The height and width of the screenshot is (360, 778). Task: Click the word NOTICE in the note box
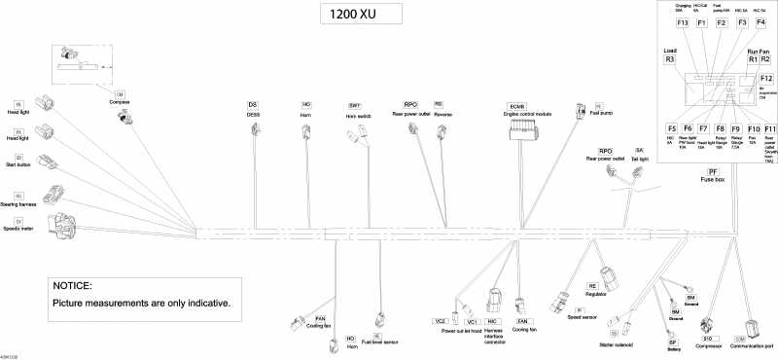click(73, 285)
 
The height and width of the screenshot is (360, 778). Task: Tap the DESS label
click(253, 114)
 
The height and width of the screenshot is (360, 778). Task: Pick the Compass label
click(119, 102)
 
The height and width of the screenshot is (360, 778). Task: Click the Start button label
click(18, 163)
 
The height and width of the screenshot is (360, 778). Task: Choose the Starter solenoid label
click(619, 344)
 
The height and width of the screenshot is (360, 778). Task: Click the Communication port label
click(754, 346)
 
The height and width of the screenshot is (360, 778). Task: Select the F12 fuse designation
click(766, 78)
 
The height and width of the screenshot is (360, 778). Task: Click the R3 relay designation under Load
click(669, 59)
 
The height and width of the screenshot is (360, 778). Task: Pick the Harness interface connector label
click(493, 334)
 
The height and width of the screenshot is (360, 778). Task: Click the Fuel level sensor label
click(377, 342)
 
